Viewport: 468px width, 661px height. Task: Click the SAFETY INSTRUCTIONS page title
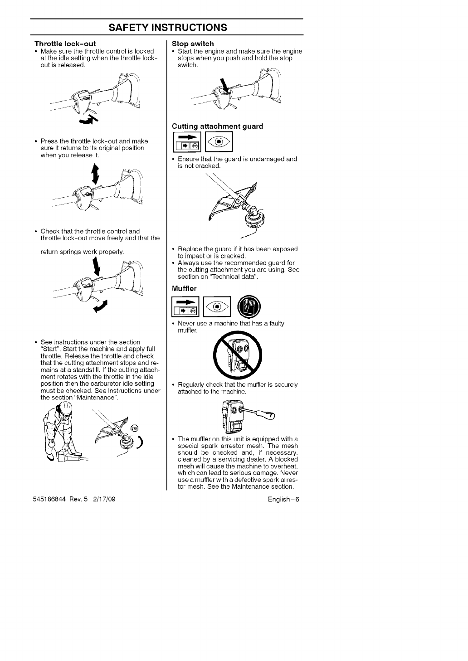point(167,27)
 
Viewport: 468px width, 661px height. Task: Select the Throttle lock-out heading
point(65,44)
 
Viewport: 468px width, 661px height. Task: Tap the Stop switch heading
point(193,44)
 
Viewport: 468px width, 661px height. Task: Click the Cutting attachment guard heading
point(217,126)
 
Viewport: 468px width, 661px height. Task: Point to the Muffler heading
point(184,288)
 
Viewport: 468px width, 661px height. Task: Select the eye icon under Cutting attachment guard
point(219,142)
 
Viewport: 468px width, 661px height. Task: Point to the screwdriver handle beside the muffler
point(265,414)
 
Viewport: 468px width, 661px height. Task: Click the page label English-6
point(284,500)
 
